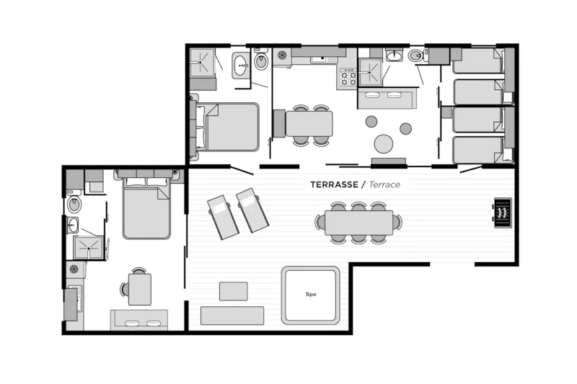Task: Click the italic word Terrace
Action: (384, 184)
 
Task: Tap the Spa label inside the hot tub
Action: (311, 294)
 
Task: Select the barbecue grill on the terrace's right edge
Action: (502, 213)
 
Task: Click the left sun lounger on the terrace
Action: (223, 218)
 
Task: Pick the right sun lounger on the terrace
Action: (252, 210)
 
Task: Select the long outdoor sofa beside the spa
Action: (232, 316)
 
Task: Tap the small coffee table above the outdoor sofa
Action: (233, 291)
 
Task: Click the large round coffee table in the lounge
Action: (384, 144)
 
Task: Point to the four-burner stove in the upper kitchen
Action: (348, 77)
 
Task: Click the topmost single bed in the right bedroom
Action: (477, 61)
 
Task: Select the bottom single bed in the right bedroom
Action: (477, 150)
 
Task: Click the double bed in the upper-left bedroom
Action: (230, 127)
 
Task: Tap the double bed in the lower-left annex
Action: (146, 210)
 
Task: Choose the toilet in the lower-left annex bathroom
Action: (74, 205)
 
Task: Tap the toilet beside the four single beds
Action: (416, 55)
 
